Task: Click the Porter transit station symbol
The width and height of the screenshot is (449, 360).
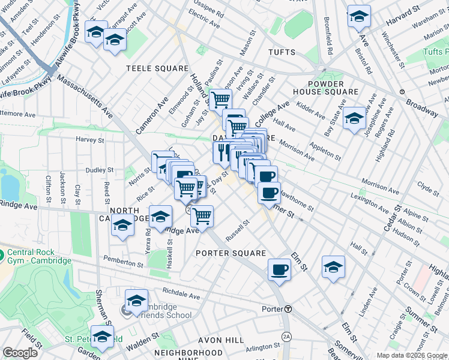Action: click(288, 309)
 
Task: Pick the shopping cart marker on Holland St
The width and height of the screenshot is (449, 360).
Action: click(220, 98)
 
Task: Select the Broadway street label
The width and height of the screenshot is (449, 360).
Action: click(422, 107)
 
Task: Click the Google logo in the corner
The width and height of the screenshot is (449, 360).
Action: click(20, 353)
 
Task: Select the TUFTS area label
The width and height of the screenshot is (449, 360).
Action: click(283, 52)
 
